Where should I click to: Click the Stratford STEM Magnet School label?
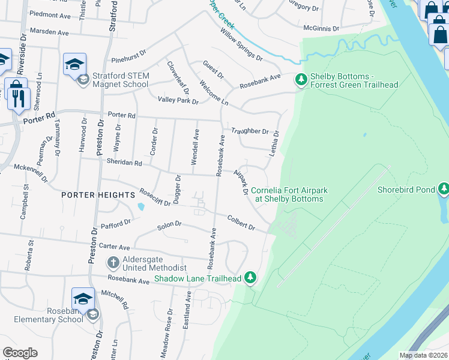click(120, 80)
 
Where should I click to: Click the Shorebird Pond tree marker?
click(444, 190)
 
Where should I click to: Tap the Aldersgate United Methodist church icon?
click(113, 262)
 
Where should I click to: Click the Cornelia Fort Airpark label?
click(289, 194)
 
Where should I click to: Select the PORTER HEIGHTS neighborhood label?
click(98, 195)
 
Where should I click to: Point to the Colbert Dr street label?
click(242, 223)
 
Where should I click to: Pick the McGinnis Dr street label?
click(321, 28)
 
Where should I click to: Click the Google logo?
click(20, 353)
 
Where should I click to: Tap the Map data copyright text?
click(424, 355)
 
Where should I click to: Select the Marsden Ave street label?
click(49, 31)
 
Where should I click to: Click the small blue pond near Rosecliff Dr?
click(140, 207)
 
